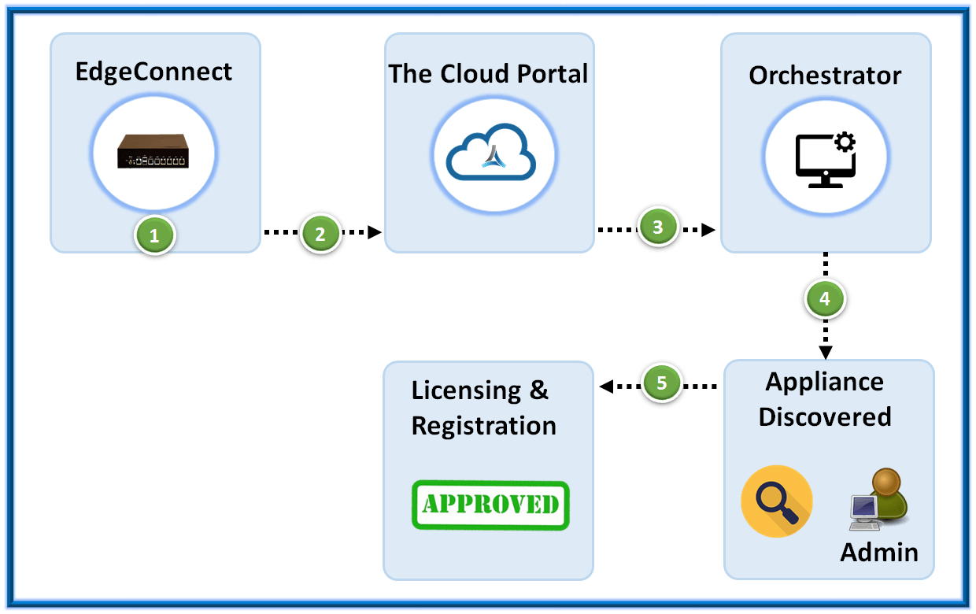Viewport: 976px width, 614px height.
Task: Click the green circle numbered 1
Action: click(x=154, y=235)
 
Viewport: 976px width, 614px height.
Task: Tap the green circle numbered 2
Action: click(x=320, y=233)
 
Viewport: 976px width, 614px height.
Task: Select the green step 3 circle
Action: click(x=658, y=227)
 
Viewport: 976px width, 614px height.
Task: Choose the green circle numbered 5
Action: click(x=661, y=383)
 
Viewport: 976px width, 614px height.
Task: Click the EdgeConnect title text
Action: click(x=154, y=72)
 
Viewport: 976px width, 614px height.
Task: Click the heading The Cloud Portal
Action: click(x=488, y=74)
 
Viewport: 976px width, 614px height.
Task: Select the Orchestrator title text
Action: click(x=825, y=76)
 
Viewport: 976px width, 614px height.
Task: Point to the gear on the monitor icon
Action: click(x=845, y=142)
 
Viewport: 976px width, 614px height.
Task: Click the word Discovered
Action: click(x=825, y=416)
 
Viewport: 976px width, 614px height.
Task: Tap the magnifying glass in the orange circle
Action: click(x=777, y=501)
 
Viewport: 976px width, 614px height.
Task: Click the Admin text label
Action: click(x=879, y=552)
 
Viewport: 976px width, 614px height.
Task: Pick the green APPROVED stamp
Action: click(x=490, y=504)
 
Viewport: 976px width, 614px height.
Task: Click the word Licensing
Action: click(x=466, y=391)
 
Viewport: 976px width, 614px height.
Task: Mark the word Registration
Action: click(x=484, y=426)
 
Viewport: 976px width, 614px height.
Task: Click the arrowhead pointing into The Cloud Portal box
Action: click(x=375, y=232)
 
